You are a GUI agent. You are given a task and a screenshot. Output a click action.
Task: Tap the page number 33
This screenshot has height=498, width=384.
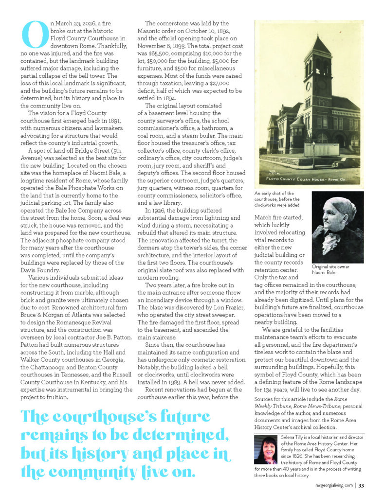361,484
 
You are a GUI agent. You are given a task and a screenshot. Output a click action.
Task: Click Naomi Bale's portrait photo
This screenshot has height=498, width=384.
337,227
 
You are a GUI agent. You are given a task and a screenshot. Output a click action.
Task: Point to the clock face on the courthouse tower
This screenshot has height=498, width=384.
308,86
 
